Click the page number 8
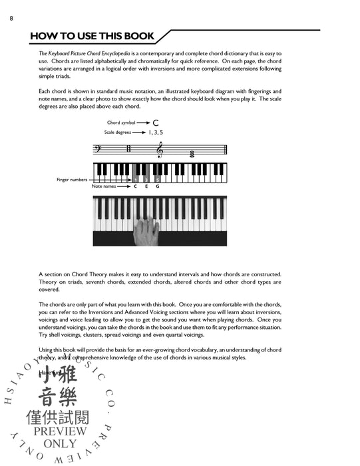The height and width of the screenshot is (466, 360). pyautogui.click(x=12, y=18)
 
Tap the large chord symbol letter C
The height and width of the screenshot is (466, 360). pyautogui.click(x=155, y=122)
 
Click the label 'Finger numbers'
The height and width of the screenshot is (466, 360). pyautogui.click(x=71, y=180)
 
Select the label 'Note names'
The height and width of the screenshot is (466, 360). pyautogui.click(x=104, y=187)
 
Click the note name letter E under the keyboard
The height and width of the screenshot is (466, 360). pyautogui.click(x=146, y=187)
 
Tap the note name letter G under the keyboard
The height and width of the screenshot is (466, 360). pyautogui.click(x=157, y=187)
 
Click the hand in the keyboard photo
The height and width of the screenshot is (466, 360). pyautogui.click(x=146, y=232)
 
